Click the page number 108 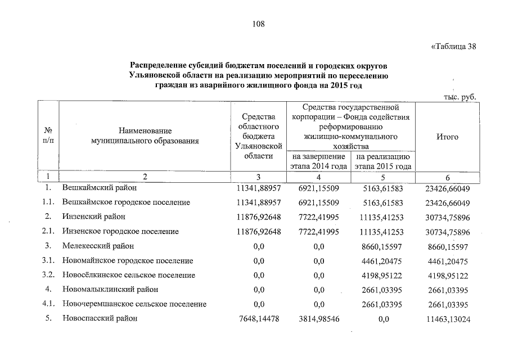(258, 24)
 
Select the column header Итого (448, 137)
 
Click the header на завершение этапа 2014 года (318, 161)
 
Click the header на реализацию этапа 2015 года (384, 161)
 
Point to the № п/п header (48, 137)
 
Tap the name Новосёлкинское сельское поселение (129, 275)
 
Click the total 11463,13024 (448, 318)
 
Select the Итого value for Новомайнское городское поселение (448, 260)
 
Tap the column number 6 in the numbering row (447, 177)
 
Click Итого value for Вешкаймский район (448, 188)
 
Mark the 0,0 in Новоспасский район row (384, 318)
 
